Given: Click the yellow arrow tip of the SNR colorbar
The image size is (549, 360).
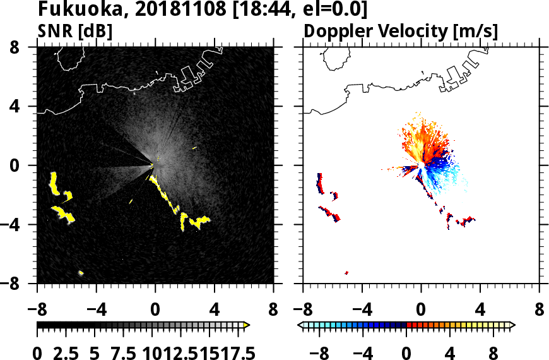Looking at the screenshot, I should [x=247, y=325].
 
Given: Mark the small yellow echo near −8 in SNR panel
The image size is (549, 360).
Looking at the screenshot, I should [x=81, y=273].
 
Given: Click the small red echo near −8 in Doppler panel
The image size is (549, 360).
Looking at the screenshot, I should [x=346, y=273].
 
